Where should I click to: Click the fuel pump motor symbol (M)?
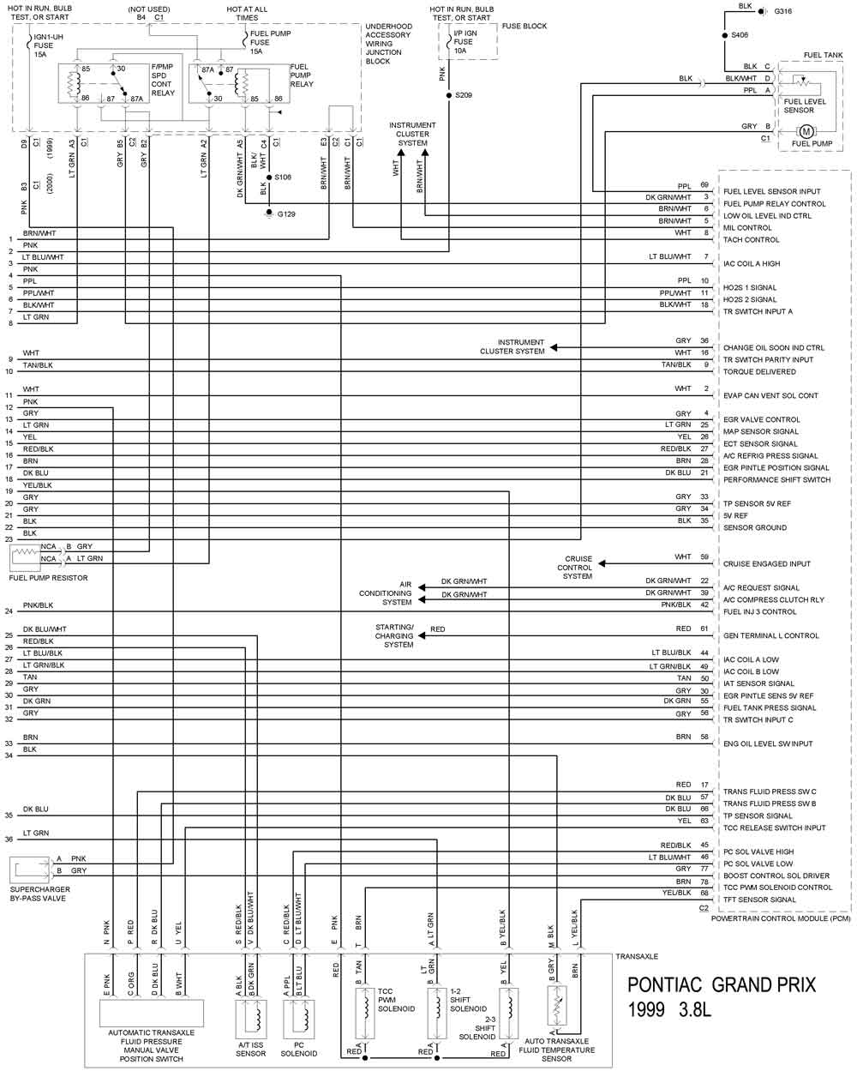coord(806,131)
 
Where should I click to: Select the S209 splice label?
coord(464,95)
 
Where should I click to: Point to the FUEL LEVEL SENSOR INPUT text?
coord(771,191)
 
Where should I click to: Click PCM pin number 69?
coord(704,185)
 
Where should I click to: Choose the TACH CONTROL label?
coord(752,239)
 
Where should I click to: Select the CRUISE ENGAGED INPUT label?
coord(767,563)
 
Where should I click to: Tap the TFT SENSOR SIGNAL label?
coord(759,900)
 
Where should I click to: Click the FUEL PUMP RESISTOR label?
coord(48,578)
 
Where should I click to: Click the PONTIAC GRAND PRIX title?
coord(722,984)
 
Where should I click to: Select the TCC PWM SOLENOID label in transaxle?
coord(396,1000)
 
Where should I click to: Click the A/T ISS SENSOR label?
coord(251,1048)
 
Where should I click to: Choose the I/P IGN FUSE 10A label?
coord(464,41)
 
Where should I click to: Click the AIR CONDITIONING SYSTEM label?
coord(386,593)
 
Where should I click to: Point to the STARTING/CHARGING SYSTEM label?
coord(394,635)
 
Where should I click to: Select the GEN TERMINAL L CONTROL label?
coord(771,635)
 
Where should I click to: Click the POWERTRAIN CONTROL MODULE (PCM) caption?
coord(781,918)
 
